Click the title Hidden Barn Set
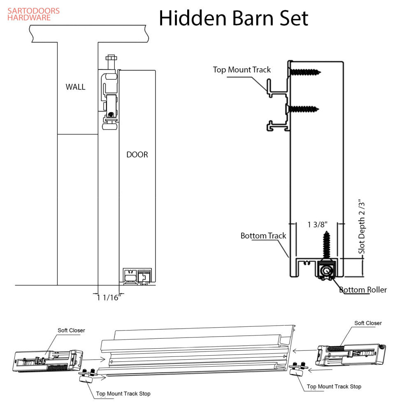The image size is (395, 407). [233, 18]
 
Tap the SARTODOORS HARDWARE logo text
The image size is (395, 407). [33, 14]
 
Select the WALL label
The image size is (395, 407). [76, 87]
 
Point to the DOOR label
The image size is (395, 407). [137, 155]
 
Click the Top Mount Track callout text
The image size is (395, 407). [242, 69]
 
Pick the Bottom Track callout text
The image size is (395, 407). [263, 236]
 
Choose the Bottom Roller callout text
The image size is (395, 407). [363, 290]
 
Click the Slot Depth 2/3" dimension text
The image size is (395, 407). [361, 227]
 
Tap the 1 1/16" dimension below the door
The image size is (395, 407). [108, 298]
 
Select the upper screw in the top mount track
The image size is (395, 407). [305, 72]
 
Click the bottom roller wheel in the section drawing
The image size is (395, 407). [327, 271]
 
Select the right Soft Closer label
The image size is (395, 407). [368, 323]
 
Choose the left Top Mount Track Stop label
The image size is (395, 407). [123, 393]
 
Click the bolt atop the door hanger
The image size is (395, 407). [111, 59]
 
